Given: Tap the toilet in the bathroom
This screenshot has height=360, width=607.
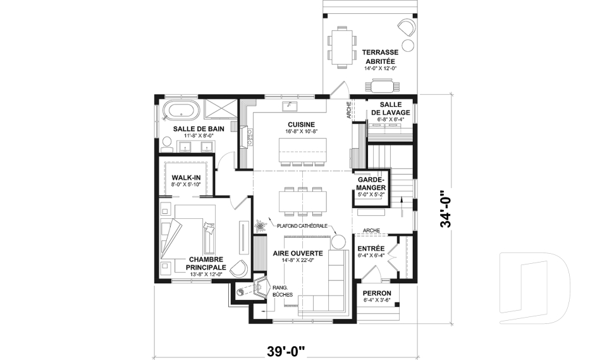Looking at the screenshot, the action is coord(167,144).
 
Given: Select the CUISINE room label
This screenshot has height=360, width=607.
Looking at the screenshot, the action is coord(301,125).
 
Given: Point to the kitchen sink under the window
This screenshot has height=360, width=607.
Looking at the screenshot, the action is coord(290,106).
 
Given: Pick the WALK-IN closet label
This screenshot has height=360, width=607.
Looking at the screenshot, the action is coord(186,178).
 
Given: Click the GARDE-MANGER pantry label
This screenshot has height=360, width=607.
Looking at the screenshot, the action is coord(371,183).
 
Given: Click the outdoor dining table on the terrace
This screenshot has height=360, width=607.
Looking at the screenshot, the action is coord(342,47).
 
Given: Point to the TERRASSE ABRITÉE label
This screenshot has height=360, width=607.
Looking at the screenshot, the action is coord(380,56).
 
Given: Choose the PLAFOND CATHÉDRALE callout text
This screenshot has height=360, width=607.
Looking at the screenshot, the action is coord(302,226).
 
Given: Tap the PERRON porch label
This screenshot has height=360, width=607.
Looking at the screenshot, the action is coord(377,294).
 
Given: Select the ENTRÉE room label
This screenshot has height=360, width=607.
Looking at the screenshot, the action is coord(371,249).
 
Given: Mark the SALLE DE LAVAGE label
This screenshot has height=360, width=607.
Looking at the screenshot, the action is coord(390,108).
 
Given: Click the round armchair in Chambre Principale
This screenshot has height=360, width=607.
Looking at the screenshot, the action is coord(238,268).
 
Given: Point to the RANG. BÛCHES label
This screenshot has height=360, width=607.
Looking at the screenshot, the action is coord(283,291).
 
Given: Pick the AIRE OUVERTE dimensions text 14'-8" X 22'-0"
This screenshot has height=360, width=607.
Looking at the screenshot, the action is coord(298,260).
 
